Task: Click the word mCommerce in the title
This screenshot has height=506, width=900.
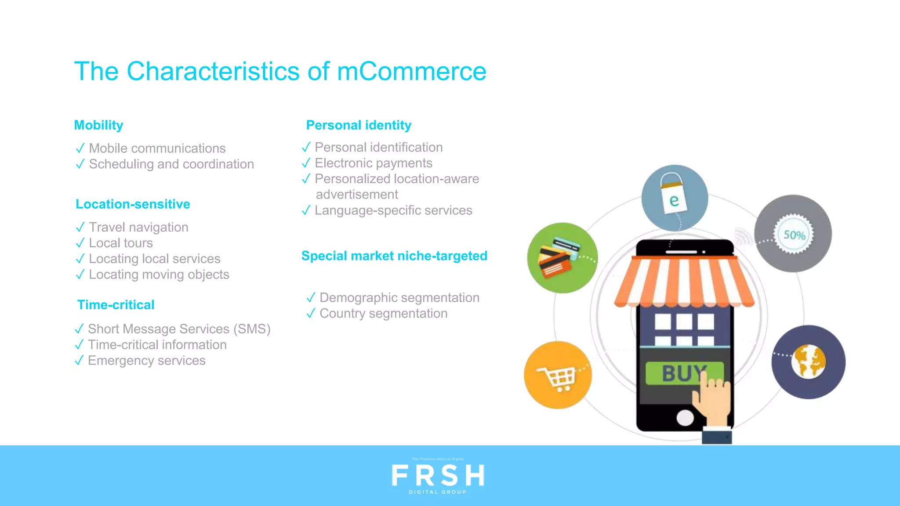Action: click(411, 71)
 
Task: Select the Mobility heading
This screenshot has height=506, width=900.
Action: click(98, 125)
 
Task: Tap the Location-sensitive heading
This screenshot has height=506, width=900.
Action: click(133, 204)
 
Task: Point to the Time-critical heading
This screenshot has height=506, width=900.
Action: click(116, 305)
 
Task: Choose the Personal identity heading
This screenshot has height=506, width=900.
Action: click(359, 125)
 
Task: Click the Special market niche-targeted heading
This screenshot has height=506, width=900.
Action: click(394, 256)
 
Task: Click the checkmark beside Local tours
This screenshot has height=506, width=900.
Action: click(80, 243)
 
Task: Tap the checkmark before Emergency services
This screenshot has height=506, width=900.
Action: click(79, 361)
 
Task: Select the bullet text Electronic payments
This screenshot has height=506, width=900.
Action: click(374, 163)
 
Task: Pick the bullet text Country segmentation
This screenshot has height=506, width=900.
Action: click(383, 314)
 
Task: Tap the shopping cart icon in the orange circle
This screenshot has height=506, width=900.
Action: click(557, 376)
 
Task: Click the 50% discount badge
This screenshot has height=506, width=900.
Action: click(794, 235)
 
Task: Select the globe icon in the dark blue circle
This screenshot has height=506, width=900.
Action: click(809, 362)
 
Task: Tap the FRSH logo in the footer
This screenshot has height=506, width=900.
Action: click(438, 476)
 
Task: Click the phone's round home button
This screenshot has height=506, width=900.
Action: click(685, 418)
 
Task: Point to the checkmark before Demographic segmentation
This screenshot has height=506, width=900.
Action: click(311, 298)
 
